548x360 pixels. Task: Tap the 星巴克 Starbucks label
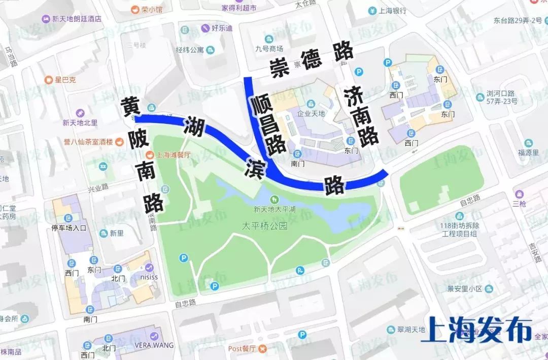tap(65, 80)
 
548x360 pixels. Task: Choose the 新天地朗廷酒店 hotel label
tap(77, 19)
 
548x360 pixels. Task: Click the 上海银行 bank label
tap(393, 11)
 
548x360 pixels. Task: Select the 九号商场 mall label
tap(269, 49)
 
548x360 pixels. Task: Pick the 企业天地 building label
tap(311, 113)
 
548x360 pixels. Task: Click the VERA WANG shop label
tap(154, 345)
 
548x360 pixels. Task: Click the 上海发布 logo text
tap(476, 330)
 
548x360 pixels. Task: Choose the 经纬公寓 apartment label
tap(190, 50)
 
